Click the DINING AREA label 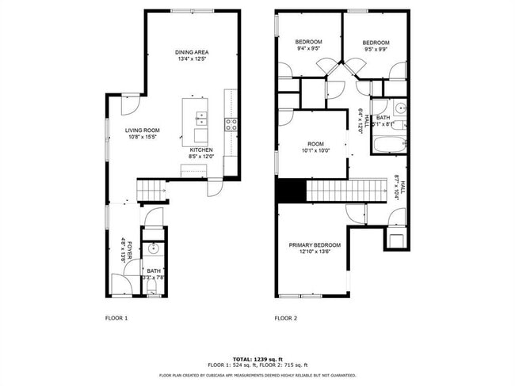pyautogui.click(x=191, y=52)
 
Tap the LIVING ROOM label pyautogui.click(x=142, y=130)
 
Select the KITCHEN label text pyautogui.click(x=201, y=150)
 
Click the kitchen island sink pyautogui.click(x=201, y=119)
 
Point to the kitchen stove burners pyautogui.click(x=232, y=123)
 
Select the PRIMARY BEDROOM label pyautogui.click(x=315, y=245)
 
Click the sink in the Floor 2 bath pyautogui.click(x=400, y=108)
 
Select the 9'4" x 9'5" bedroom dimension pyautogui.click(x=309, y=49)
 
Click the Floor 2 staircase pyautogui.click(x=344, y=191)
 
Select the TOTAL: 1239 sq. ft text pyautogui.click(x=257, y=358)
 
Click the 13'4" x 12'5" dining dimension pyautogui.click(x=191, y=59)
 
